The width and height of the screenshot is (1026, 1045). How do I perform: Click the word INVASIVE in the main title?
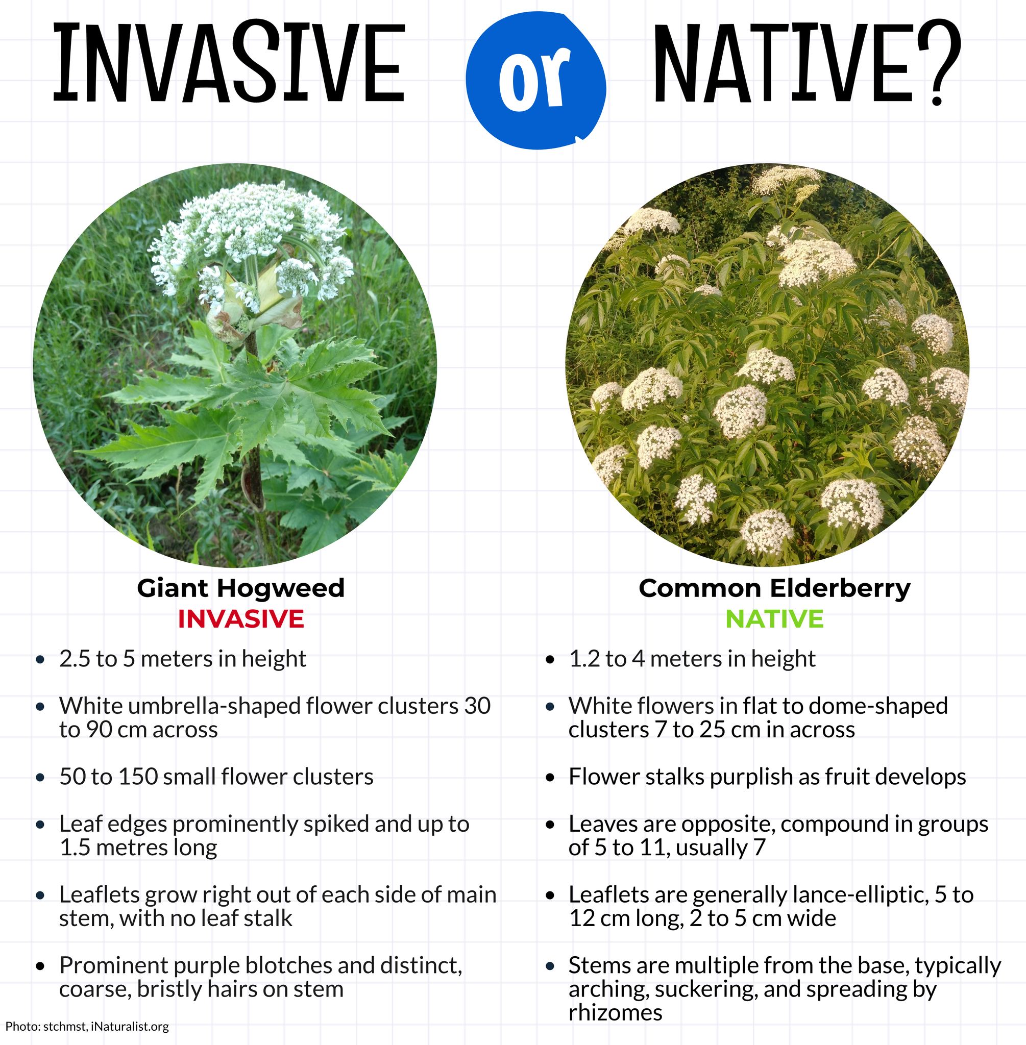click(x=229, y=63)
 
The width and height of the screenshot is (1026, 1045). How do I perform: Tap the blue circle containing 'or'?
click(x=536, y=81)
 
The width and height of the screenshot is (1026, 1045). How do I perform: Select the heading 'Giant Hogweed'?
click(x=240, y=588)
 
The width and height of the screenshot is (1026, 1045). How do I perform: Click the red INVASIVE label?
click(x=241, y=619)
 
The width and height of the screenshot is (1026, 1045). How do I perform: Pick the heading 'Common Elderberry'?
click(x=774, y=588)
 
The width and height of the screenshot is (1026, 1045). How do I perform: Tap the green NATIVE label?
click(x=774, y=619)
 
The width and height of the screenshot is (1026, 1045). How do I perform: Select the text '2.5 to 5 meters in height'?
click(x=183, y=659)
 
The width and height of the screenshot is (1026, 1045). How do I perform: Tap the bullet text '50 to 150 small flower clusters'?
click(x=216, y=777)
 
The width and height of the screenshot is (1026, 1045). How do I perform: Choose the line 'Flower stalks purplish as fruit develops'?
click(x=767, y=777)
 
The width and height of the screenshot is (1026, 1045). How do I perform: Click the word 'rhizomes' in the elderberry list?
click(x=615, y=1013)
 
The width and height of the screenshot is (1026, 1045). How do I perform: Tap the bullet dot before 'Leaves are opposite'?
click(x=550, y=825)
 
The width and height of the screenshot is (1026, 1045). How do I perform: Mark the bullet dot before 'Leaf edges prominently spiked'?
click(x=40, y=825)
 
